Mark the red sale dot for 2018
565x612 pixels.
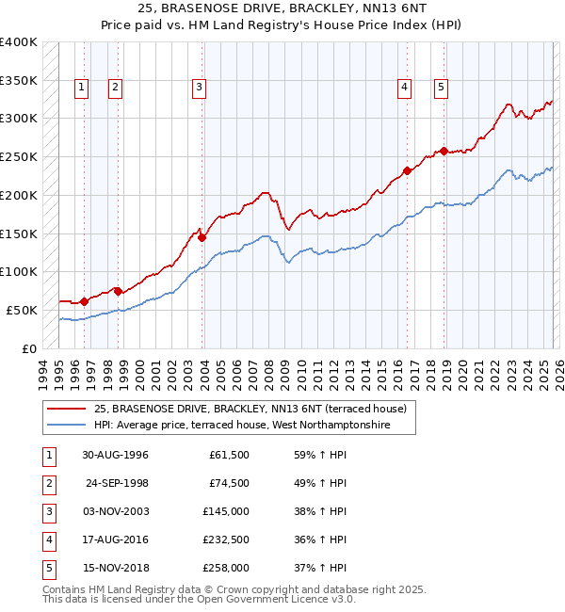click(x=444, y=151)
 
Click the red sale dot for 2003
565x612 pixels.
click(x=202, y=238)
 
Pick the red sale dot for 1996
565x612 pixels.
click(x=85, y=301)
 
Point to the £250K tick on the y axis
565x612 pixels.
click(x=18, y=157)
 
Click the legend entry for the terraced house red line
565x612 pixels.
click(x=250, y=410)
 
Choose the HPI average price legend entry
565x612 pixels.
click(x=254, y=426)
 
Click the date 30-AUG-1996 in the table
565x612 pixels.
click(x=115, y=455)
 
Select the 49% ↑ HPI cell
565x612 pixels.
click(x=320, y=483)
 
